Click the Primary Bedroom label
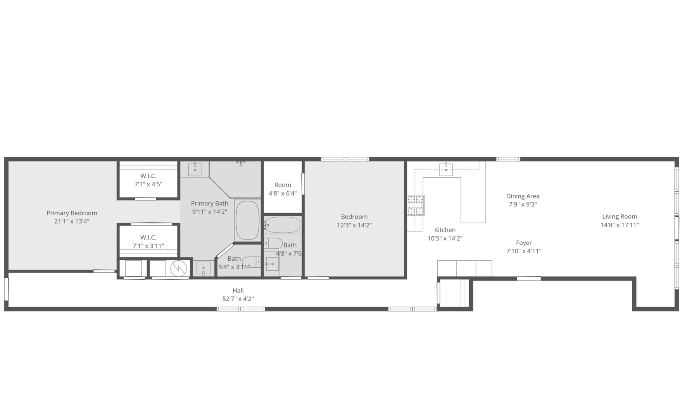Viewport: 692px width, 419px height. click(x=72, y=213)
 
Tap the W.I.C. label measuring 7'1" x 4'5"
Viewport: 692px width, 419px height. click(x=148, y=180)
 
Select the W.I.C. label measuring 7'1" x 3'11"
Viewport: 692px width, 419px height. click(x=148, y=241)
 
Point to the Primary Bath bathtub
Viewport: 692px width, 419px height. click(x=247, y=220)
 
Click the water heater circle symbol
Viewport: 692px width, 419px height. click(x=178, y=268)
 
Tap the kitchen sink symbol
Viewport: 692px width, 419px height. click(x=445, y=169)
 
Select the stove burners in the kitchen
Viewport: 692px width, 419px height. click(x=416, y=205)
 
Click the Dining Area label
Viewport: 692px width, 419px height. click(x=523, y=196)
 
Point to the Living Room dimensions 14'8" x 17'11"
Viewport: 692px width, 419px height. click(x=620, y=225)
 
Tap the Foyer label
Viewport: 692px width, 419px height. click(x=524, y=243)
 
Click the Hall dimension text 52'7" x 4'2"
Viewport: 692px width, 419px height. click(x=238, y=299)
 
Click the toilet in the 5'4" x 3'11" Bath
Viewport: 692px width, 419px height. click(x=252, y=262)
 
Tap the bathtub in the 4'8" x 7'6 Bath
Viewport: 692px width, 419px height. click(x=283, y=225)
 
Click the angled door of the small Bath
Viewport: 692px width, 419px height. click(x=224, y=251)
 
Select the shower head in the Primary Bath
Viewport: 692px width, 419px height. click(x=241, y=163)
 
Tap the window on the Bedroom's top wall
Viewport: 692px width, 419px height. click(x=345, y=159)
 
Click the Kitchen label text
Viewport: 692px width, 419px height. click(x=445, y=230)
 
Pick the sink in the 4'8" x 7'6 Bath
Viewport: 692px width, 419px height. click(x=272, y=264)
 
